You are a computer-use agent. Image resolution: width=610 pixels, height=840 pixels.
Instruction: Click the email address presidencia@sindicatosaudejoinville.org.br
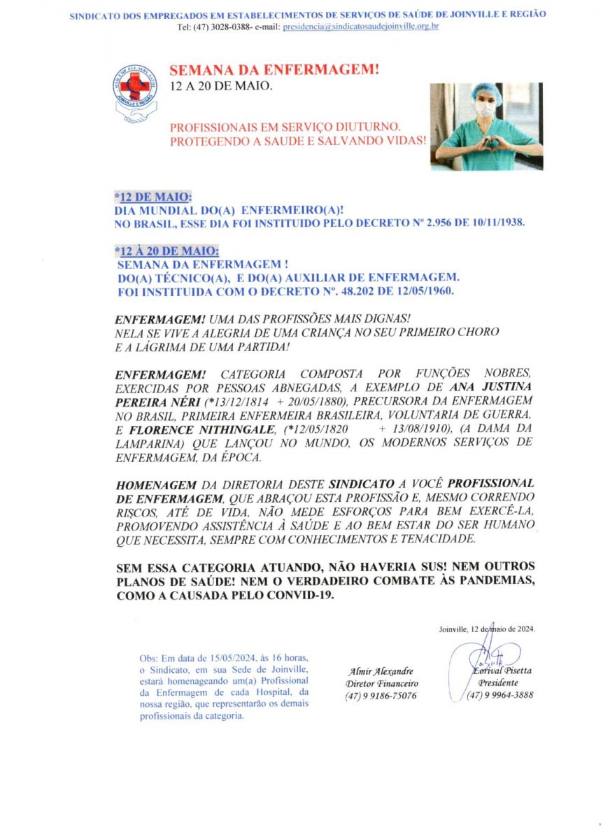coord(360,27)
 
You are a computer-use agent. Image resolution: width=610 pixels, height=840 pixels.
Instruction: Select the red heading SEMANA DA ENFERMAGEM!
coord(274,70)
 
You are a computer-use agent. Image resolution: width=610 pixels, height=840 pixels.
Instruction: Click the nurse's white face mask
coord(485,110)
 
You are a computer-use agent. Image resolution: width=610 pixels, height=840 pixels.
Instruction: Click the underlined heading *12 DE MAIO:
coord(152,196)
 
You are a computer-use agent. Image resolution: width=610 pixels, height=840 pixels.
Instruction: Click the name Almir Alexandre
coord(382,671)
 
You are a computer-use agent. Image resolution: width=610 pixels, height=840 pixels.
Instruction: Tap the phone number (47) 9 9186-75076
coord(381,696)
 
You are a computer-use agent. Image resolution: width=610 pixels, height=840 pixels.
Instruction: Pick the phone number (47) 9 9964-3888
coord(500,696)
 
